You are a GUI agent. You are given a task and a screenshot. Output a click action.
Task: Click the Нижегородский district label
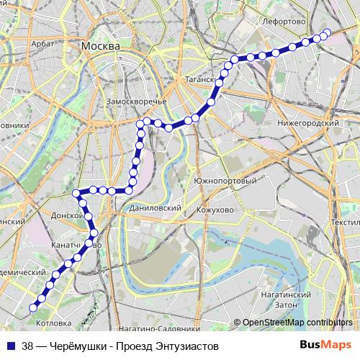tap(308, 123)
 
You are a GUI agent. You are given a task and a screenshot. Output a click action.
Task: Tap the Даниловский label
tap(153, 207)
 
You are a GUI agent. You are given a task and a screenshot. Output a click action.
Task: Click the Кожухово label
tap(215, 210)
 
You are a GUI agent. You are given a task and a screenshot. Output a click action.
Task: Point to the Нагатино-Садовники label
tap(154, 329)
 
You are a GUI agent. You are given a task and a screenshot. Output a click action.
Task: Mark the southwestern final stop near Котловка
tap(32, 308)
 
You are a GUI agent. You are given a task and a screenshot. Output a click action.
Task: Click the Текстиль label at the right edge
tap(346, 223)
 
